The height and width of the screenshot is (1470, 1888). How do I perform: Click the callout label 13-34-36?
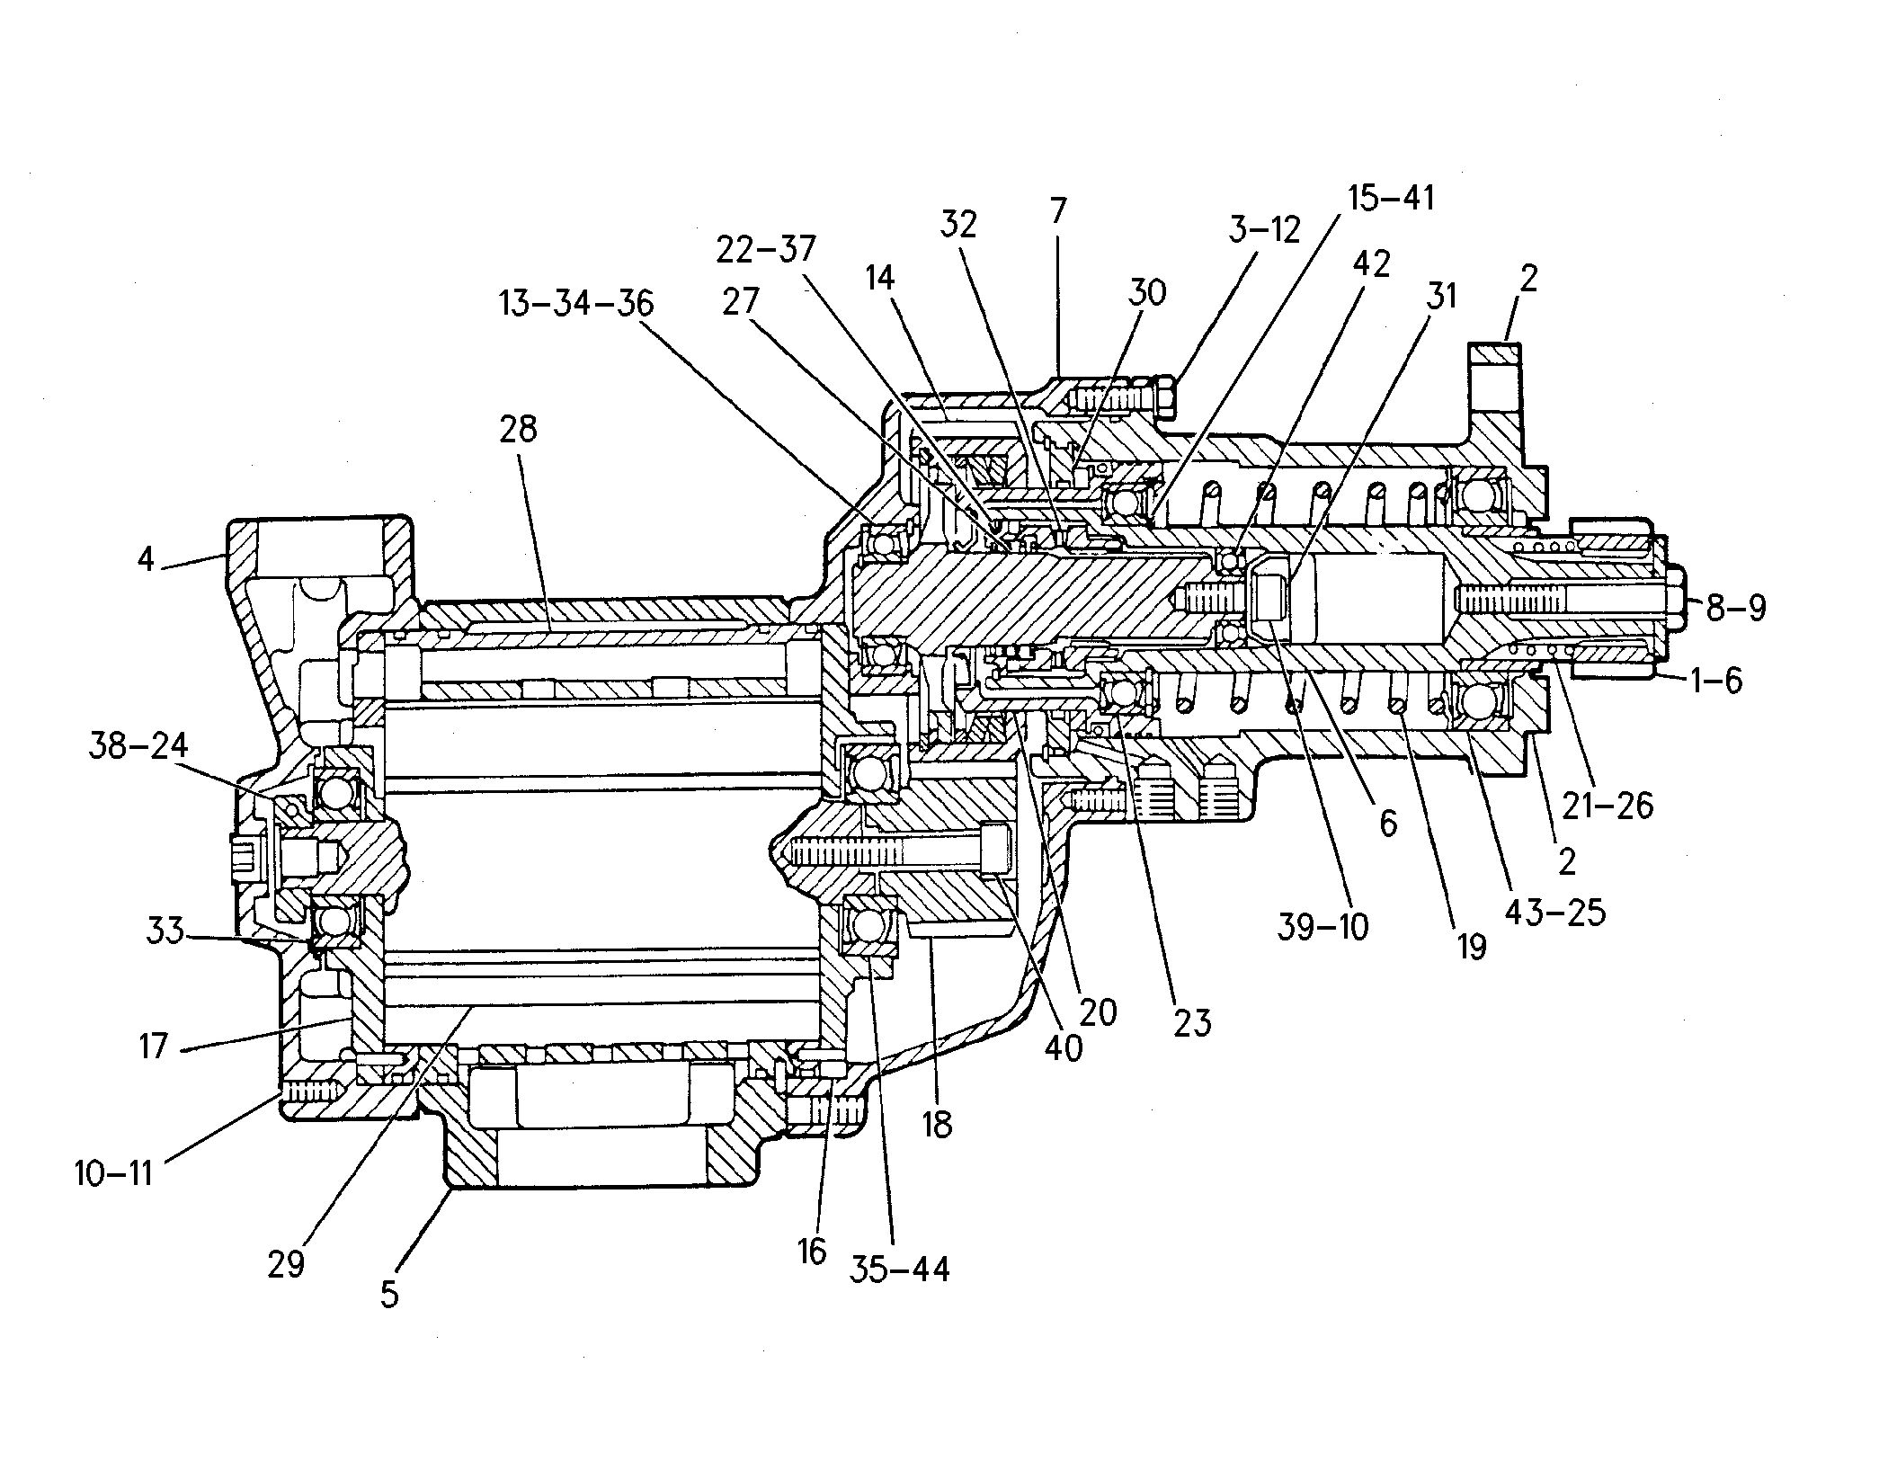tap(576, 303)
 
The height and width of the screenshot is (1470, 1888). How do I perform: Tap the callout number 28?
tap(519, 429)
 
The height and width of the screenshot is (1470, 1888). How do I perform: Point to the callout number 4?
tap(146, 559)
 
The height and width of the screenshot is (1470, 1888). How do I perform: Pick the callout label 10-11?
tap(114, 1173)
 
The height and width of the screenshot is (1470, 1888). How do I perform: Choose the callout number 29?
tap(286, 1264)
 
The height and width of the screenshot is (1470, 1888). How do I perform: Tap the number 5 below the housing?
tap(389, 1295)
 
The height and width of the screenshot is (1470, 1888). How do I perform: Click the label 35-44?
tap(899, 1270)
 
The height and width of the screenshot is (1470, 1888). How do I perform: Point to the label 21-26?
tap(1607, 805)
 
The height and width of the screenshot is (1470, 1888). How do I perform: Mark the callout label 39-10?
tap(1322, 927)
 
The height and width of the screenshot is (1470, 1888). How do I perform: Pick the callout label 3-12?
tap(1263, 231)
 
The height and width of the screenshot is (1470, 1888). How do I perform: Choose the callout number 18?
tap(937, 1123)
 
